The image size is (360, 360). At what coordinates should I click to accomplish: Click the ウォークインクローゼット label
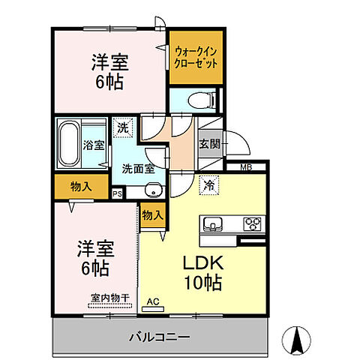197,58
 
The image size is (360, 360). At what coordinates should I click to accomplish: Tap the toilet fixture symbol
208,99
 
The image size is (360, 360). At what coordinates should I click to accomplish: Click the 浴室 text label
94,145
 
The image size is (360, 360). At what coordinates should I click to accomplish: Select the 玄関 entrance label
209,145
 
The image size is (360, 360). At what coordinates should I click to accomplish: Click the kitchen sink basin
211,223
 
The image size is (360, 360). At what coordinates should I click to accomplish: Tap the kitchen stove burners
252,223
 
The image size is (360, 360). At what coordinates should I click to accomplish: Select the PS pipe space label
117,193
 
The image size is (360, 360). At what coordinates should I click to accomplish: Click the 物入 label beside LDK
152,215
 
